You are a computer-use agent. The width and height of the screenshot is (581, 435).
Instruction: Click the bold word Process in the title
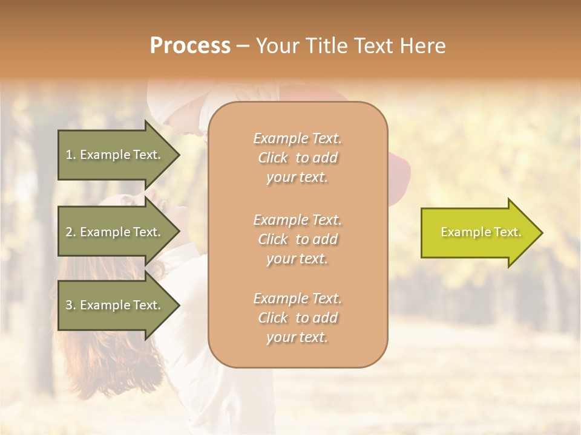pos(190,46)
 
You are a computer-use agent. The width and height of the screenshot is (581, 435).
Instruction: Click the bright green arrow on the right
pos(478,233)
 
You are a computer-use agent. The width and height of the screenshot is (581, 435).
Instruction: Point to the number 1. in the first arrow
pos(71,155)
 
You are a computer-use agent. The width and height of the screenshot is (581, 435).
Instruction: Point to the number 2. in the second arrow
pos(71,232)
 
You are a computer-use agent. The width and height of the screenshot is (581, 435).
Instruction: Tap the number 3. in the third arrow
pos(71,306)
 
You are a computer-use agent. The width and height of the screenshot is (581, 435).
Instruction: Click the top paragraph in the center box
pos(298,158)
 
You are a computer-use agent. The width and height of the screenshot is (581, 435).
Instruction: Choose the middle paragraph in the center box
pos(298,239)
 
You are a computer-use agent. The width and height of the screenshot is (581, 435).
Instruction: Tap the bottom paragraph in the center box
pos(298,318)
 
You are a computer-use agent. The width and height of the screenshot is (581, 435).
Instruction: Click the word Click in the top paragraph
pos(273,158)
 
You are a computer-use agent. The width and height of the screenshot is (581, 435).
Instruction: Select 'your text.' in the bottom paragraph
pos(297,338)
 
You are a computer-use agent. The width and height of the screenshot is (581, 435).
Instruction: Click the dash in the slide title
pos(243,46)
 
